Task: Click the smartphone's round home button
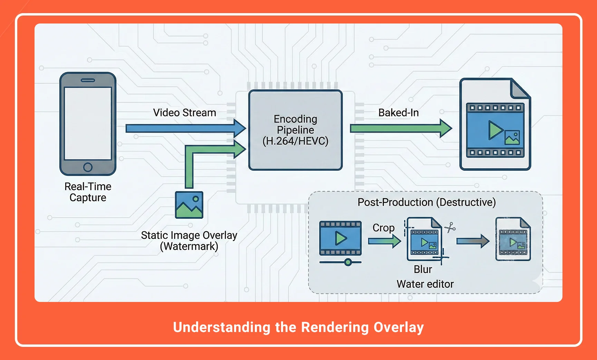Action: (x=88, y=167)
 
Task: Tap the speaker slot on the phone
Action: (x=88, y=80)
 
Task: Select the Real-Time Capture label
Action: (x=88, y=192)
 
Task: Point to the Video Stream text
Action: (x=184, y=113)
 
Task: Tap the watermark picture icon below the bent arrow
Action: (x=189, y=205)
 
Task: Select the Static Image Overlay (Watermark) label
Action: (x=189, y=240)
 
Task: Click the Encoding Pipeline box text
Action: (x=295, y=130)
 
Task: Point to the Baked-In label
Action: (x=398, y=113)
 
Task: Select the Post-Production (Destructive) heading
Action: (x=426, y=202)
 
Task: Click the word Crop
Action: (x=383, y=228)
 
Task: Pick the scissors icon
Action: (x=450, y=228)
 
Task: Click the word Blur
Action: (x=423, y=269)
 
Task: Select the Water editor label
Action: (x=425, y=284)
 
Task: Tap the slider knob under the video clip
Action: (x=348, y=262)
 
